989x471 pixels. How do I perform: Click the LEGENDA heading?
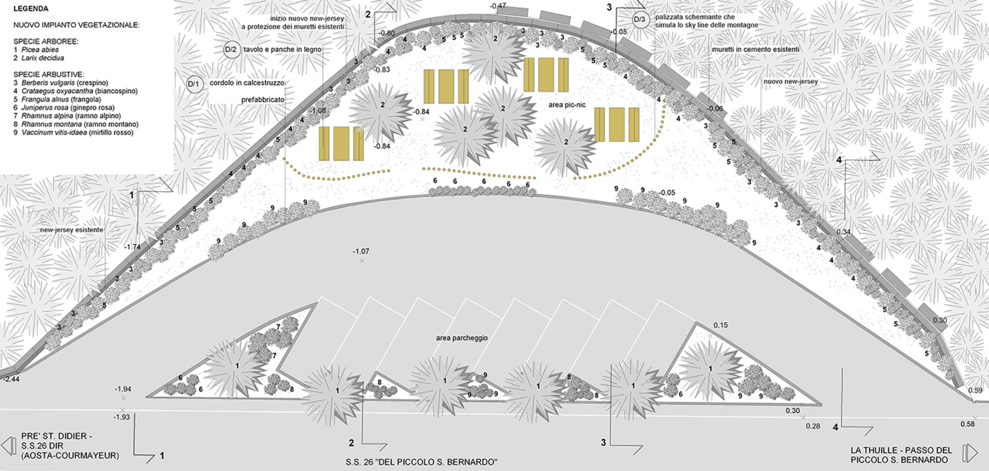pyautogui.click(x=31, y=9)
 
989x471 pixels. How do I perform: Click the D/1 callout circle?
pyautogui.click(x=195, y=84)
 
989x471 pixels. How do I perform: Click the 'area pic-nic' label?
pyautogui.click(x=567, y=105)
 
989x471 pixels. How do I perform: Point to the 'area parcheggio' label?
pyautogui.click(x=462, y=338)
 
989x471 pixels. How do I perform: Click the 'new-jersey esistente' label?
pyautogui.click(x=72, y=230)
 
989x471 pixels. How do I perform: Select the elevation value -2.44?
pyautogui.click(x=11, y=379)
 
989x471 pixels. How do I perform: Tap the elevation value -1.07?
pyautogui.click(x=361, y=251)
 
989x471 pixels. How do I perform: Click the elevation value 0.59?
pyautogui.click(x=975, y=390)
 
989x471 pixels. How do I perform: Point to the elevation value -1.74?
pyautogui.click(x=132, y=247)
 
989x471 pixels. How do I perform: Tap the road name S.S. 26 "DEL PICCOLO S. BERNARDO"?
pyautogui.click(x=421, y=462)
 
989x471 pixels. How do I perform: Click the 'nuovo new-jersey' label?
pyautogui.click(x=790, y=82)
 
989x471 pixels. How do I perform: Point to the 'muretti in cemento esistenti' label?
pyautogui.click(x=756, y=50)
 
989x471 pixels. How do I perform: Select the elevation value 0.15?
pyautogui.click(x=721, y=326)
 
